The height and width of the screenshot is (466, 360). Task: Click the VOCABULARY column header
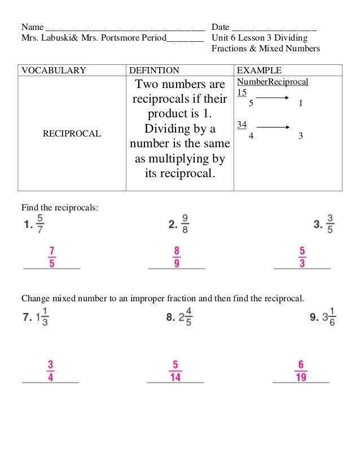click(54, 71)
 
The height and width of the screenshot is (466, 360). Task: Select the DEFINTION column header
click(154, 71)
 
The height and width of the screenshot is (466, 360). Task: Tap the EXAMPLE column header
click(259, 71)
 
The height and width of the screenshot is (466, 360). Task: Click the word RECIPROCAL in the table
click(72, 134)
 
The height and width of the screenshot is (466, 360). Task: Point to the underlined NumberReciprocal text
click(273, 82)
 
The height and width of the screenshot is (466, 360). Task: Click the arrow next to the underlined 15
click(273, 98)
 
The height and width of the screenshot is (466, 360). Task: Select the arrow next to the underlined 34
click(273, 128)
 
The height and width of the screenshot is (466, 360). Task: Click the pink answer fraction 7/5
click(51, 257)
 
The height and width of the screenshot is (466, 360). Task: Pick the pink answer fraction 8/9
click(177, 257)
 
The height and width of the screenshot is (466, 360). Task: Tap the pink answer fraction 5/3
click(302, 257)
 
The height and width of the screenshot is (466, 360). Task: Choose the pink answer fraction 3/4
click(51, 371)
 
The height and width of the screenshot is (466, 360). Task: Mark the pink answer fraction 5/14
click(175, 371)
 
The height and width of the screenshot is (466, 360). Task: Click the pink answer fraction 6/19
click(301, 371)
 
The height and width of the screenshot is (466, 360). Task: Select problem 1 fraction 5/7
click(40, 224)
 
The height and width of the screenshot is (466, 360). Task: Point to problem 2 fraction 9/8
click(185, 224)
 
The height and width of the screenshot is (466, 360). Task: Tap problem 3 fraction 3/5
click(331, 224)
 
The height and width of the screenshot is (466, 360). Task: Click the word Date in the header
click(221, 27)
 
